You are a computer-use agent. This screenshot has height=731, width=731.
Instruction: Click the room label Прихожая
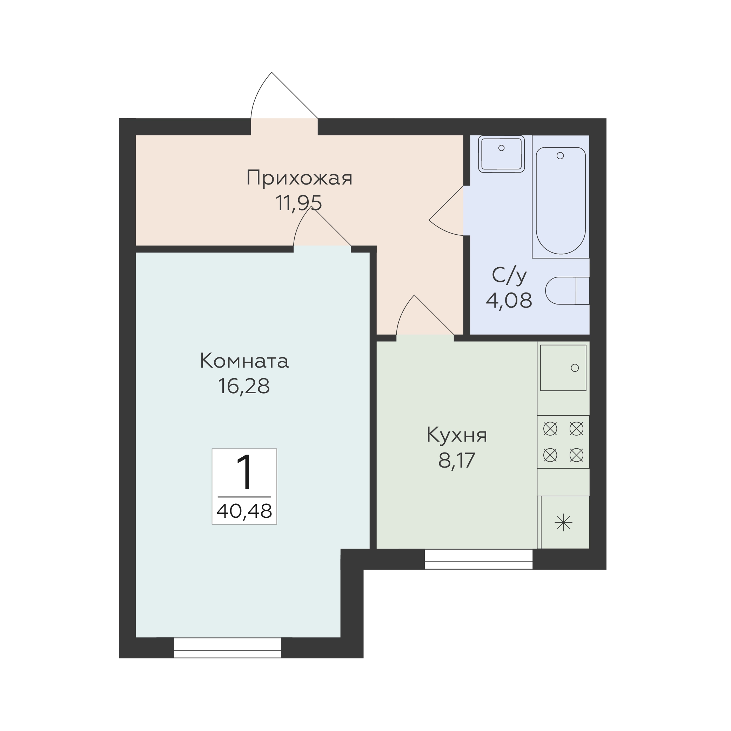click(299, 178)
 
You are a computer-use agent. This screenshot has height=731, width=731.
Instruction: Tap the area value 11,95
click(299, 203)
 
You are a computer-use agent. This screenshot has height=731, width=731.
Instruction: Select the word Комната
click(244, 361)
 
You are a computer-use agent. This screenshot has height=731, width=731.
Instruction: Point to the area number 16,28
click(244, 386)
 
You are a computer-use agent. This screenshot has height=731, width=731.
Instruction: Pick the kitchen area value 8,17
click(457, 461)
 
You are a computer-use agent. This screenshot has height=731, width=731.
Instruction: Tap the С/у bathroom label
click(509, 276)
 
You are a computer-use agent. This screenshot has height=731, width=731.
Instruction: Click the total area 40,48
click(244, 511)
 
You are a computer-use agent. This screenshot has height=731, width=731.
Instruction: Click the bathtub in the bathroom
click(561, 201)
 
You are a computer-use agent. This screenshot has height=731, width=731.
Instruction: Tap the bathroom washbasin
click(501, 154)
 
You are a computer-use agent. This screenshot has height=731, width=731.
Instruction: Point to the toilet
click(567, 290)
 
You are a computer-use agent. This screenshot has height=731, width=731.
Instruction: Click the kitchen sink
click(563, 368)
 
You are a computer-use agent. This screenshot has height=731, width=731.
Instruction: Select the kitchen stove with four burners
click(563, 442)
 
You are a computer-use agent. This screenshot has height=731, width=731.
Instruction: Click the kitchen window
click(479, 559)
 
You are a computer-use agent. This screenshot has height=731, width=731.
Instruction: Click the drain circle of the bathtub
click(561, 155)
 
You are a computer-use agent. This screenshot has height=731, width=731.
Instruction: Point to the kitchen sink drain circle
click(575, 368)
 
